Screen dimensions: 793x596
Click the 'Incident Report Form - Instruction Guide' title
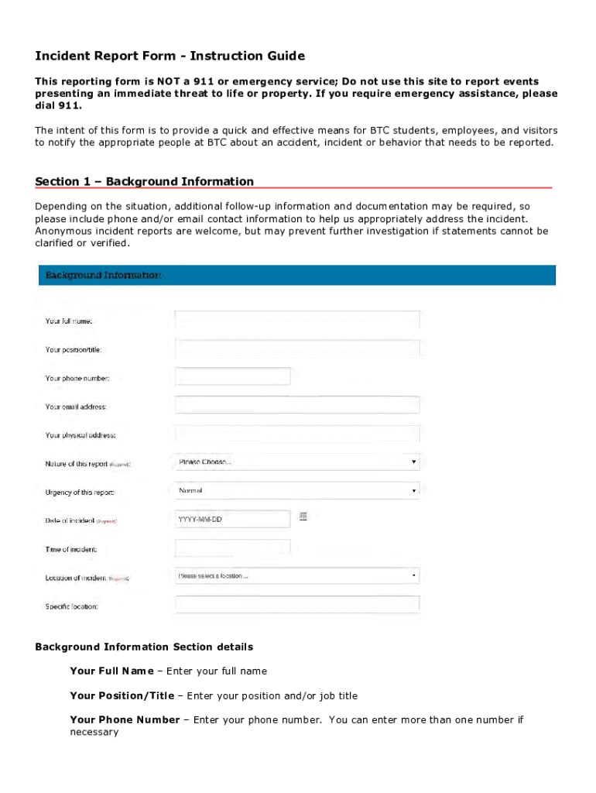170,56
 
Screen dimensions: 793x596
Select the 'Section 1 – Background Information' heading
144,181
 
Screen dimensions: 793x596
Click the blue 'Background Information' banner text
103,275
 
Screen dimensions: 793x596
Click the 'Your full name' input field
297,320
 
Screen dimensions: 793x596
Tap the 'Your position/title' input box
297,348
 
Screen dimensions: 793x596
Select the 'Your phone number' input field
233,376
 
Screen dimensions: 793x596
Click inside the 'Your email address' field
297,405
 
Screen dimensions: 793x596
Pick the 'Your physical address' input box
297,434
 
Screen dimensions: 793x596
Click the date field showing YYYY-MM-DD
233,519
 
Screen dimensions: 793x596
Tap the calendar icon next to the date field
303,517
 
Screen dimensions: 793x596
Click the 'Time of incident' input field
233,548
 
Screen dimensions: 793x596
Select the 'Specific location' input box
297,605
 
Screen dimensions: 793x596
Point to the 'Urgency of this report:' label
80,493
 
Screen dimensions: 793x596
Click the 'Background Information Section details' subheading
144,647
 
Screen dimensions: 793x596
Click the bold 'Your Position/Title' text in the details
122,695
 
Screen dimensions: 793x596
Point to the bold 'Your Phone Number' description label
124,719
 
